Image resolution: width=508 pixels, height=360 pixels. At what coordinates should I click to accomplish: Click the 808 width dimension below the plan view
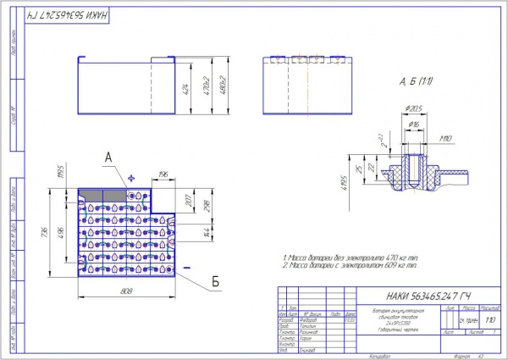[128, 291]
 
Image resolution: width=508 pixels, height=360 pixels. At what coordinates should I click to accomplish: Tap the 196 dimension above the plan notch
[163, 174]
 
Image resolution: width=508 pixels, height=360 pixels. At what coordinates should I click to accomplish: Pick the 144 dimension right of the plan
[209, 231]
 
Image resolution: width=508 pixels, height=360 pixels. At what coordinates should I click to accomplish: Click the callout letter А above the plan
[108, 157]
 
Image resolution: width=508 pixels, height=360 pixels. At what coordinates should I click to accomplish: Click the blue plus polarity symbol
[130, 178]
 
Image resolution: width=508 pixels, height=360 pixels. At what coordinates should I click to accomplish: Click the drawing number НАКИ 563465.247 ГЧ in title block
[426, 296]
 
